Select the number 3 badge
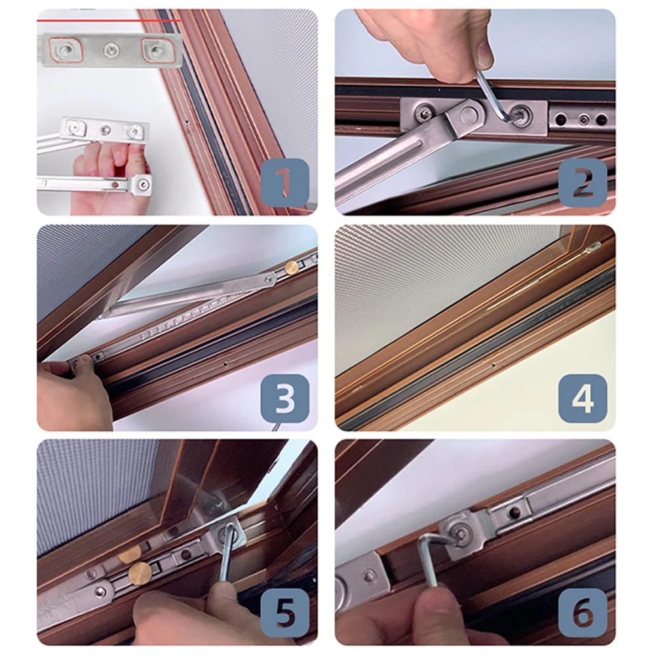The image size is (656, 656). click(x=285, y=398)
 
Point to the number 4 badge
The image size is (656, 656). click(x=583, y=398)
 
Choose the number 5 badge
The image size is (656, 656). click(x=285, y=613)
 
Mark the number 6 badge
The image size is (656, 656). click(x=583, y=613)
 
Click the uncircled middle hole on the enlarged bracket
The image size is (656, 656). click(x=111, y=50)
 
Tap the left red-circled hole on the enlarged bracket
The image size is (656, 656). click(x=66, y=50)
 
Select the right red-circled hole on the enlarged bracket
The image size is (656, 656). click(x=157, y=50)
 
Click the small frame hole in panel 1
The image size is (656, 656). click(x=187, y=123)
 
